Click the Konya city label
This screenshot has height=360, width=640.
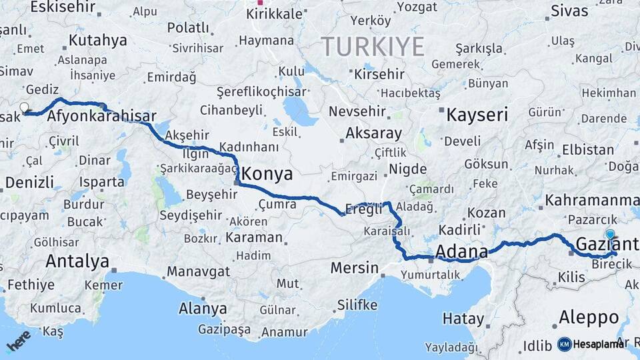[267, 175]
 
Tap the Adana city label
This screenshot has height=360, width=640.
[462, 251]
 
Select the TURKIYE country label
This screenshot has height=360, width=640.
[373, 47]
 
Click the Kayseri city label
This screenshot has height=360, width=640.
[477, 115]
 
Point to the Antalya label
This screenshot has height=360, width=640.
[77, 261]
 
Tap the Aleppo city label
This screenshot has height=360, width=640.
[589, 317]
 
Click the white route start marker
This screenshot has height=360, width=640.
[25, 107]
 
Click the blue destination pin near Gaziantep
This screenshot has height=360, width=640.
[610, 235]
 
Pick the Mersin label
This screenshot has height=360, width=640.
[354, 269]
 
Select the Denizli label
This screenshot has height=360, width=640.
[29, 182]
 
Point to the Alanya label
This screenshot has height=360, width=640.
[203, 309]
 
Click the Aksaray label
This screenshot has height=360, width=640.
[373, 133]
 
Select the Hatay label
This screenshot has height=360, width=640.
[463, 319]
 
